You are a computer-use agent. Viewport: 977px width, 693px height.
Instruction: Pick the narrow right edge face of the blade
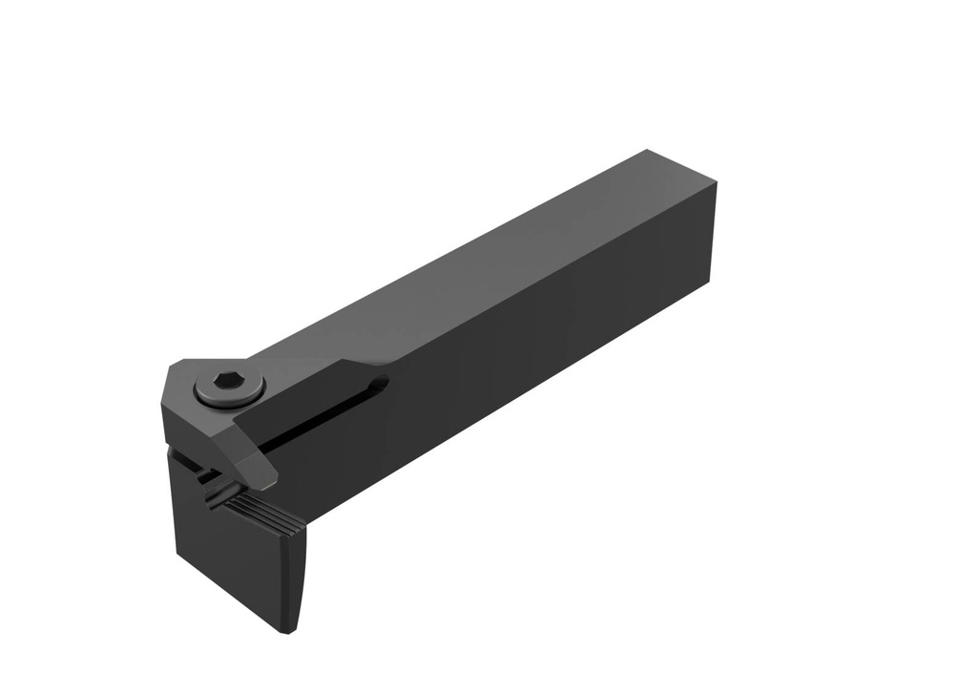click(x=303, y=573)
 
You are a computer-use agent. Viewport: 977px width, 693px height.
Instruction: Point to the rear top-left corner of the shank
click(x=649, y=150)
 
